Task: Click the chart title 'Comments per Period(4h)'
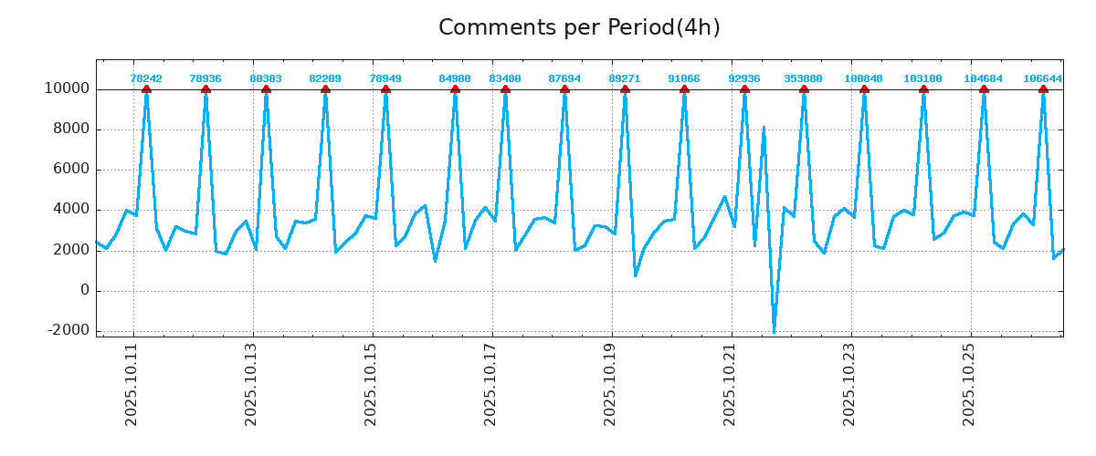pyautogui.click(x=579, y=28)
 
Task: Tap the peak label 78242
pyautogui.click(x=146, y=79)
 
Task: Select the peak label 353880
pyautogui.click(x=804, y=79)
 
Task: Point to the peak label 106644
pyautogui.click(x=1042, y=79)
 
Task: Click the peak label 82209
pyautogui.click(x=325, y=79)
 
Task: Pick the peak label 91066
pyautogui.click(x=684, y=79)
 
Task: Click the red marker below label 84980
pyautogui.click(x=455, y=89)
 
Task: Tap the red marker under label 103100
pyautogui.click(x=923, y=89)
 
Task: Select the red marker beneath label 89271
pyautogui.click(x=625, y=89)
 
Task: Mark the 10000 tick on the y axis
pyautogui.click(x=67, y=89)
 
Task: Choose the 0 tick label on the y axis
pyautogui.click(x=84, y=291)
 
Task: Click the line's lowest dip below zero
pyautogui.click(x=774, y=331)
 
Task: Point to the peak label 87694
pyautogui.click(x=564, y=79)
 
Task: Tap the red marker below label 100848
pyautogui.click(x=864, y=89)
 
